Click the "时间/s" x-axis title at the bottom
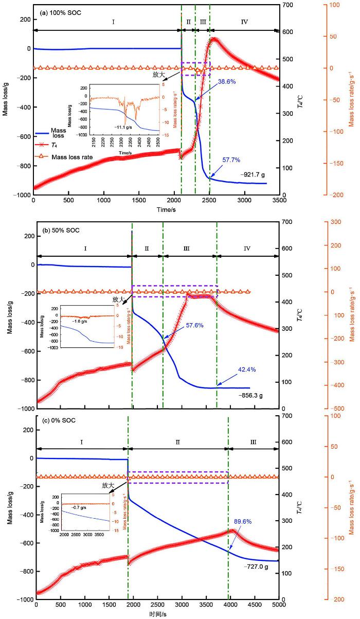[156, 615]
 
